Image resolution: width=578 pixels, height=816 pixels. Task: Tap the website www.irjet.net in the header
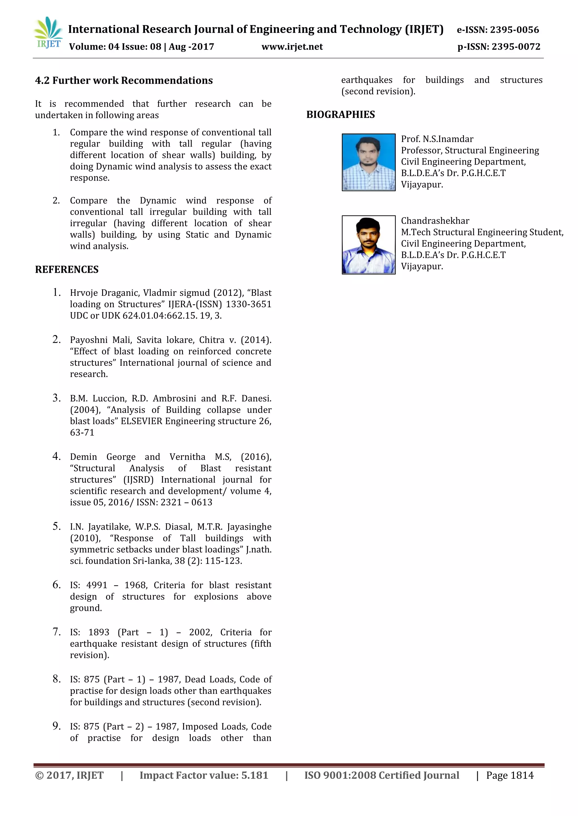pyautogui.click(x=292, y=47)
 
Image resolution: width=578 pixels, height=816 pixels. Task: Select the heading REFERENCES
pyautogui.click(x=67, y=269)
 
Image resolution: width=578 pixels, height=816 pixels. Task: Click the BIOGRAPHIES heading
pyautogui.click(x=340, y=114)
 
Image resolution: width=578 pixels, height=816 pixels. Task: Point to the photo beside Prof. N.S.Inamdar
pyautogui.click(x=368, y=162)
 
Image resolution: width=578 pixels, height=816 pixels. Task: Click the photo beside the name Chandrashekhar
pyautogui.click(x=368, y=245)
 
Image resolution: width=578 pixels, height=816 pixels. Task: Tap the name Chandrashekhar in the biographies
pyautogui.click(x=435, y=221)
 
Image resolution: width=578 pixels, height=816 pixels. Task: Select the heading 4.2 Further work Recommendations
pyautogui.click(x=124, y=80)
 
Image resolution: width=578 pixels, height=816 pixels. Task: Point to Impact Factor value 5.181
pyautogui.click(x=203, y=775)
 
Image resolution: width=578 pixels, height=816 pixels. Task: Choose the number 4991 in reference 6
pyautogui.click(x=97, y=585)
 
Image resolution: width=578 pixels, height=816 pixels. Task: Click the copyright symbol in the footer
pyautogui.click(x=39, y=775)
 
